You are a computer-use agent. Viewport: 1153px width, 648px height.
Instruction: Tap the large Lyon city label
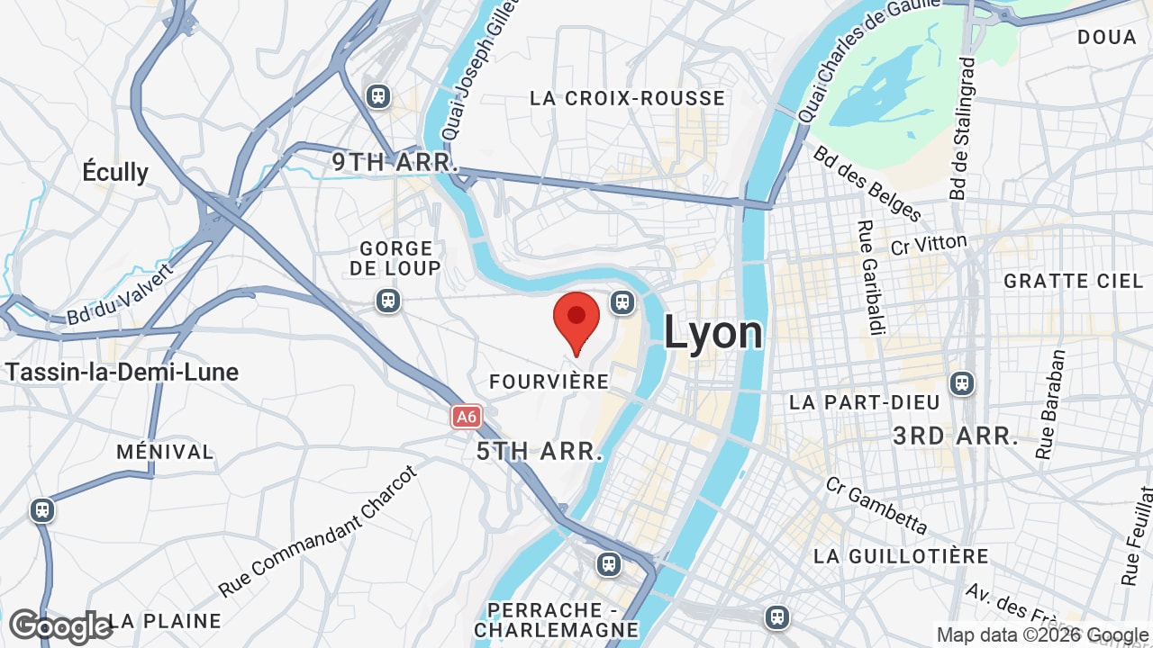(713, 332)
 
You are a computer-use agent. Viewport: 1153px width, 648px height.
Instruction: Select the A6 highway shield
(466, 417)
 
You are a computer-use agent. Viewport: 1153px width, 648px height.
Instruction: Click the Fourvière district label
(549, 382)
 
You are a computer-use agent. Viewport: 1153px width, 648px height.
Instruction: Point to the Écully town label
(115, 172)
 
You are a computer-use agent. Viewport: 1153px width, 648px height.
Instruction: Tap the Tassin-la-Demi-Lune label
(122, 372)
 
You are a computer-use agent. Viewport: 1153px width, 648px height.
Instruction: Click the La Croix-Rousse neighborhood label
(627, 98)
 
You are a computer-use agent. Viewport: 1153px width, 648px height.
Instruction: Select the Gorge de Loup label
(395, 257)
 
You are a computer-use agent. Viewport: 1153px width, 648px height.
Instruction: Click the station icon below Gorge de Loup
(388, 300)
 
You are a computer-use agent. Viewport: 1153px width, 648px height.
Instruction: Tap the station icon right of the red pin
(622, 301)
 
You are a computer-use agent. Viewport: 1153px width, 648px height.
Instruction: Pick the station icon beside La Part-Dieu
(962, 383)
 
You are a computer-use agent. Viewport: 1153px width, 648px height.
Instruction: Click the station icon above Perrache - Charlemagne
(609, 564)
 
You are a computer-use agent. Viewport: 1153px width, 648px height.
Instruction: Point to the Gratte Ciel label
(1073, 281)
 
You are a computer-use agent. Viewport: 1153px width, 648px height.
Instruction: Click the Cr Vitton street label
(929, 243)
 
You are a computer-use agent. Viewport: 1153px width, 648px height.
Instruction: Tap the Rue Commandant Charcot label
(319, 531)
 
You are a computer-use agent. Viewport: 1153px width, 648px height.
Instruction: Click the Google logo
(59, 626)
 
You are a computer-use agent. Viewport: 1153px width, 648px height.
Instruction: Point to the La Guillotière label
(901, 556)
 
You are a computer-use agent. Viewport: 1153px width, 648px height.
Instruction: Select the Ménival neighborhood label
(165, 452)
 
